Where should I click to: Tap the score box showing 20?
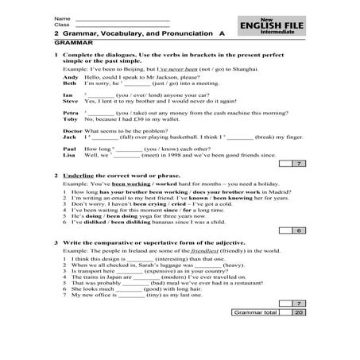(297, 312)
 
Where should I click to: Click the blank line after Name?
(120, 17)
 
